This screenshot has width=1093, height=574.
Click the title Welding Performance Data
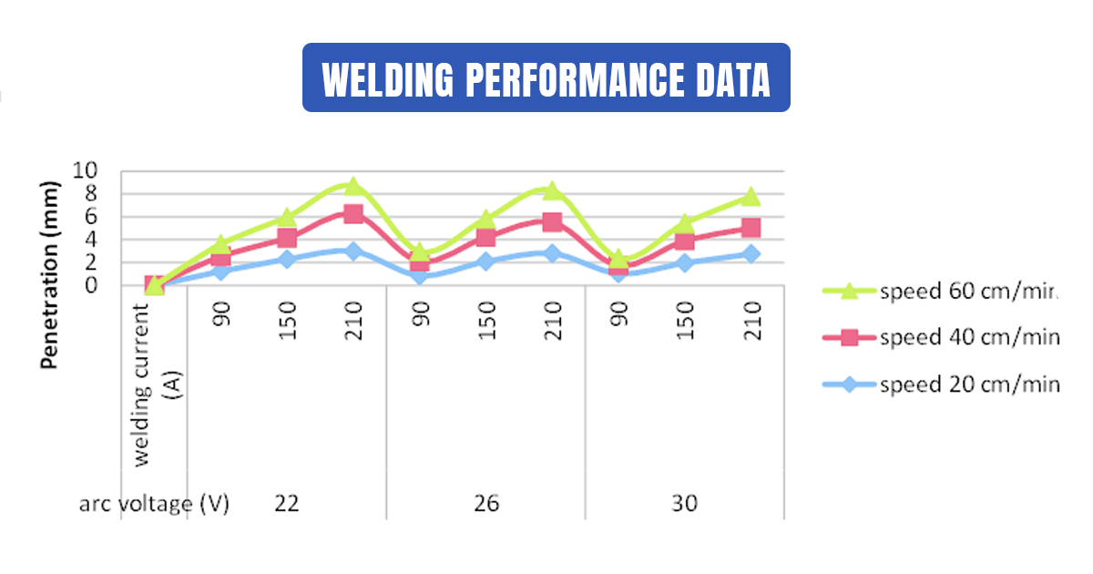(x=546, y=78)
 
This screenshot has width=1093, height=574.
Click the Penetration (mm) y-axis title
(x=49, y=275)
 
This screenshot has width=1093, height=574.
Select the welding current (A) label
(x=154, y=384)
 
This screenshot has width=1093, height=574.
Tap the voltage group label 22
(x=287, y=503)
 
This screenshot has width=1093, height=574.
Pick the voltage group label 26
(x=486, y=503)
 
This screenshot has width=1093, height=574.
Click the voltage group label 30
(x=685, y=503)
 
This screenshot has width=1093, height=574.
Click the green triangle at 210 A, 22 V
(x=353, y=186)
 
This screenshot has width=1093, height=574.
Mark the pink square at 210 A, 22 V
(x=353, y=214)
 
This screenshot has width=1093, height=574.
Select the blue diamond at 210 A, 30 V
(x=751, y=254)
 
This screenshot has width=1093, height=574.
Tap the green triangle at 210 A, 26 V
(x=552, y=190)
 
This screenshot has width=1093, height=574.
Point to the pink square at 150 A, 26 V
(x=486, y=237)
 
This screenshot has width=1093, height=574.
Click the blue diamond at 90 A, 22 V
(x=221, y=271)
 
